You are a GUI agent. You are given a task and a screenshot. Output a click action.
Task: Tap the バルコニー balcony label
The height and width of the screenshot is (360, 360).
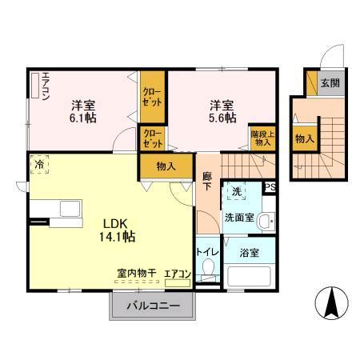click(x=151, y=304)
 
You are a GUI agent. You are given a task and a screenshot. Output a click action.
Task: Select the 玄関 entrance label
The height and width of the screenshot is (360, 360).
click(x=330, y=82)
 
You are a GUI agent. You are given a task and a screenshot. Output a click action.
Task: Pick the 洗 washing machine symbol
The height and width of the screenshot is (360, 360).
click(x=236, y=192)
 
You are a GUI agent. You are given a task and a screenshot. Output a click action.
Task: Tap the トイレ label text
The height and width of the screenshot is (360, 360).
click(x=206, y=250)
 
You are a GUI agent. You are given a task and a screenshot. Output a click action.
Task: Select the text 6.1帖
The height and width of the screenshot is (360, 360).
click(x=82, y=117)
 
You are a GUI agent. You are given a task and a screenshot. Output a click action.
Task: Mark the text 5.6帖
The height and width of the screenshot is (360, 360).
click(x=222, y=117)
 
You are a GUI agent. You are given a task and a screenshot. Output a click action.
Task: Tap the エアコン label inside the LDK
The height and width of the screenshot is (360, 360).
click(x=177, y=274)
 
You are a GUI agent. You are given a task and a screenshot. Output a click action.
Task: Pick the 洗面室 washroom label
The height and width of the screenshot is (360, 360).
click(x=238, y=216)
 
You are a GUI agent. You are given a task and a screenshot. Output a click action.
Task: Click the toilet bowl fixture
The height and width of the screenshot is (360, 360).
click(x=208, y=274)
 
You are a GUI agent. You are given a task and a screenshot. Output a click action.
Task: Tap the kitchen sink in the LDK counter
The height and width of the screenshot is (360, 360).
click(x=69, y=209)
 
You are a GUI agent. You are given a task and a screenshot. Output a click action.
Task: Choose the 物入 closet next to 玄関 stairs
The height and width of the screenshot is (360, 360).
click(x=304, y=138)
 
